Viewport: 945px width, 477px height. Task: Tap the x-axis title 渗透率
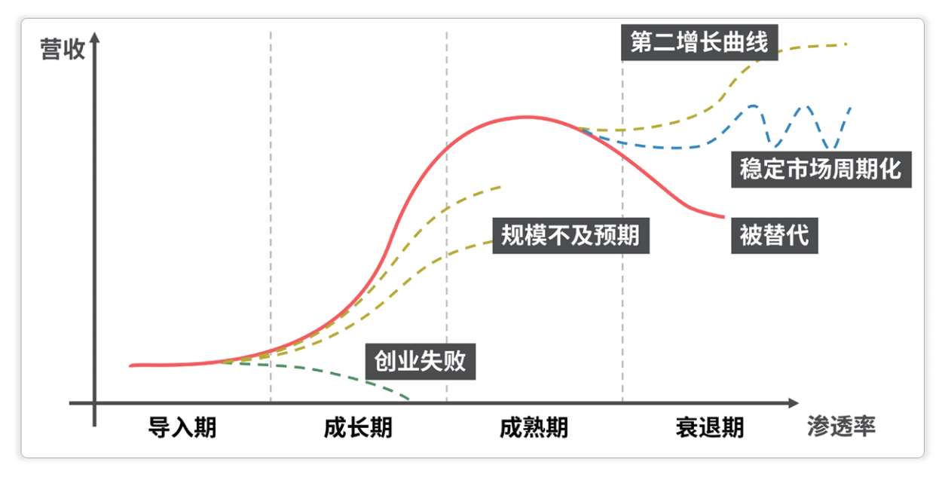click(x=840, y=427)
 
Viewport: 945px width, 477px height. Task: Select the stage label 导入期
click(x=182, y=427)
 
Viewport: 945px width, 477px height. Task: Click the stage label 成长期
click(x=358, y=427)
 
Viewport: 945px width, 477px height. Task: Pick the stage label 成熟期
click(x=534, y=427)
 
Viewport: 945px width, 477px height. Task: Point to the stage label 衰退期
click(x=709, y=427)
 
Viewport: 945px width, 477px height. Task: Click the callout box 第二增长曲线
click(x=699, y=42)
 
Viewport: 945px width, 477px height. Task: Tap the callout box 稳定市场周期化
click(x=820, y=168)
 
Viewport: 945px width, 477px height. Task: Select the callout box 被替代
click(x=774, y=234)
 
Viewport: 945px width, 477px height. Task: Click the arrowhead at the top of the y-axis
click(x=94, y=38)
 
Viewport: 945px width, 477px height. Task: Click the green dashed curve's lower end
click(x=408, y=397)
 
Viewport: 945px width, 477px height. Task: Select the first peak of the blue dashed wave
click(x=752, y=105)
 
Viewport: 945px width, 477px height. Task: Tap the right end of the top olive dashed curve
click(x=848, y=44)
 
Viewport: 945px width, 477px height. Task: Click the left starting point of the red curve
click(x=131, y=365)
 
